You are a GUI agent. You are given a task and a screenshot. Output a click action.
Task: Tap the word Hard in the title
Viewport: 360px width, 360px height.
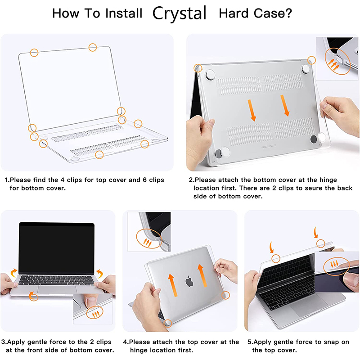(233, 13)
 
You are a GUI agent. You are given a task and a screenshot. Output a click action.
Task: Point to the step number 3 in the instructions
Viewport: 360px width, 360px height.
(3, 342)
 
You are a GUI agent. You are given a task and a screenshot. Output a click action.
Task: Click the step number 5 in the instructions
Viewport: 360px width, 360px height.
(249, 342)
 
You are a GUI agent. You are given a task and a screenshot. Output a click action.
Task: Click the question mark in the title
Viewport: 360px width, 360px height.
(288, 13)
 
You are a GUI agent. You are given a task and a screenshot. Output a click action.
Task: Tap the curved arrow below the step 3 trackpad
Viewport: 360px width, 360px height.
(31, 296)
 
